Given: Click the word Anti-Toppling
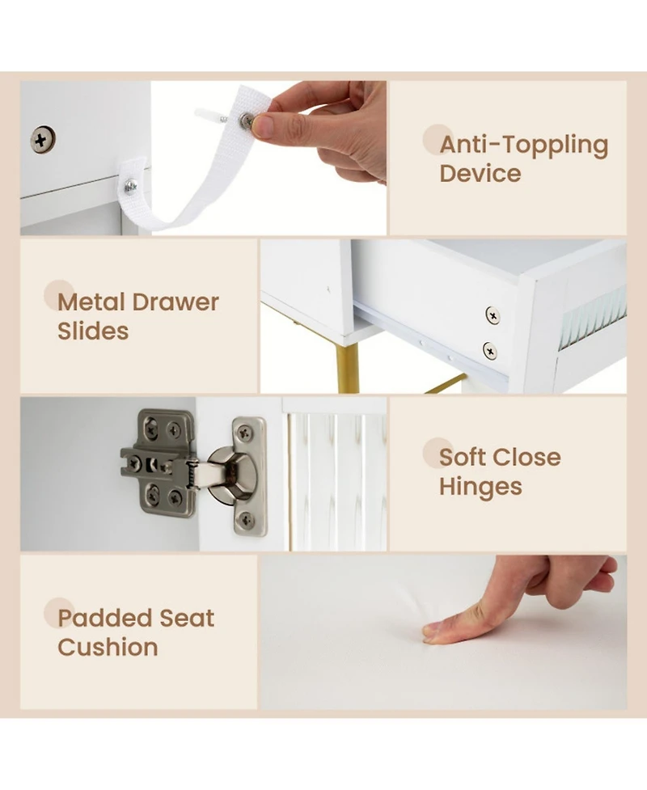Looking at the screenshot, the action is coord(524,145).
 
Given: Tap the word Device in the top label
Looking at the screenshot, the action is coord(480,173).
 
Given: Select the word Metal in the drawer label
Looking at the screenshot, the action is coord(91,302).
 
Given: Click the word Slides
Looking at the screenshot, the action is coord(93,331).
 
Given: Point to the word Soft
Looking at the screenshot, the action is coord(463,458).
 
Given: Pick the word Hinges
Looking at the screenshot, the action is coord(480,488).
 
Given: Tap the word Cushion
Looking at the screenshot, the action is coord(108,648).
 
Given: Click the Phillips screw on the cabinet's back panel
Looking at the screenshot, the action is coord(43,140).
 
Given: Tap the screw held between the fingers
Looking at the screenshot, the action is coord(247,120).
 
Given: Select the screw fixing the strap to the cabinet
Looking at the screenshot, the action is coord(130,187).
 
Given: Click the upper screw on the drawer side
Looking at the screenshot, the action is coord(493,315).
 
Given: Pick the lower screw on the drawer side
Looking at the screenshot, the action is coord(490,351).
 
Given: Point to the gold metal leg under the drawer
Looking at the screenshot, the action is coord(347,369).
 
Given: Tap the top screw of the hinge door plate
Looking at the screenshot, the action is coord(245,433).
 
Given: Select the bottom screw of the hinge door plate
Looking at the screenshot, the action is coord(245,519).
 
